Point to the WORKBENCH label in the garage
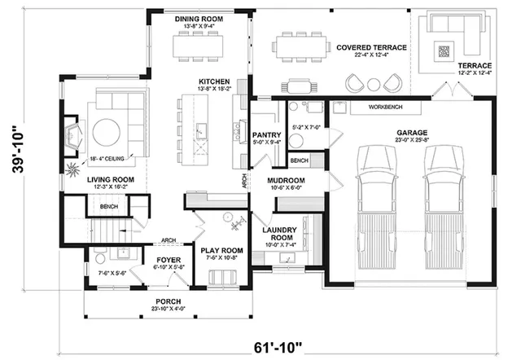point(387,108)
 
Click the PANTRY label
point(267,134)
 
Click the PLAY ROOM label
point(222,250)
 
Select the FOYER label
point(169,261)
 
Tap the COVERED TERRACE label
point(371,48)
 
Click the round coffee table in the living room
point(107,132)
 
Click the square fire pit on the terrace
point(444,51)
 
